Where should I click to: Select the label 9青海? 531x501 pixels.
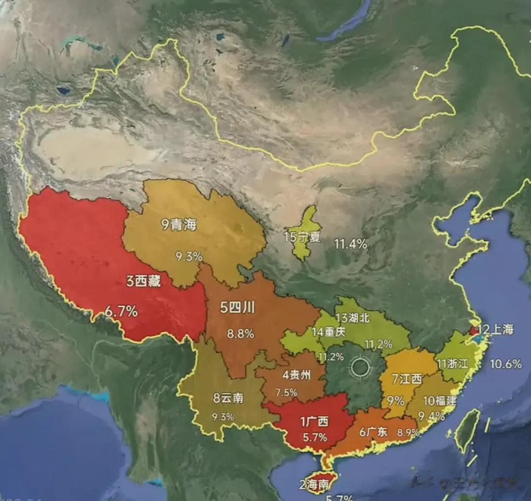(178, 225)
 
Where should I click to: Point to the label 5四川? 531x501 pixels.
(237, 308)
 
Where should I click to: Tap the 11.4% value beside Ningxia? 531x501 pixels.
(351, 244)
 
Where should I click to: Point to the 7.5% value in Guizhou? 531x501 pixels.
(286, 393)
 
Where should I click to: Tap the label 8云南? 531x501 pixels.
(228, 398)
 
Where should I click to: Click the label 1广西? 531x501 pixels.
(314, 422)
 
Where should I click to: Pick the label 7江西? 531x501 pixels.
(407, 379)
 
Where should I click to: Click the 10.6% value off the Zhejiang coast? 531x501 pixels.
(506, 364)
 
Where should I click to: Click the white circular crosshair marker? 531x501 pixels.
(360, 367)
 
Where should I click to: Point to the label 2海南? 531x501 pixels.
(315, 484)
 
